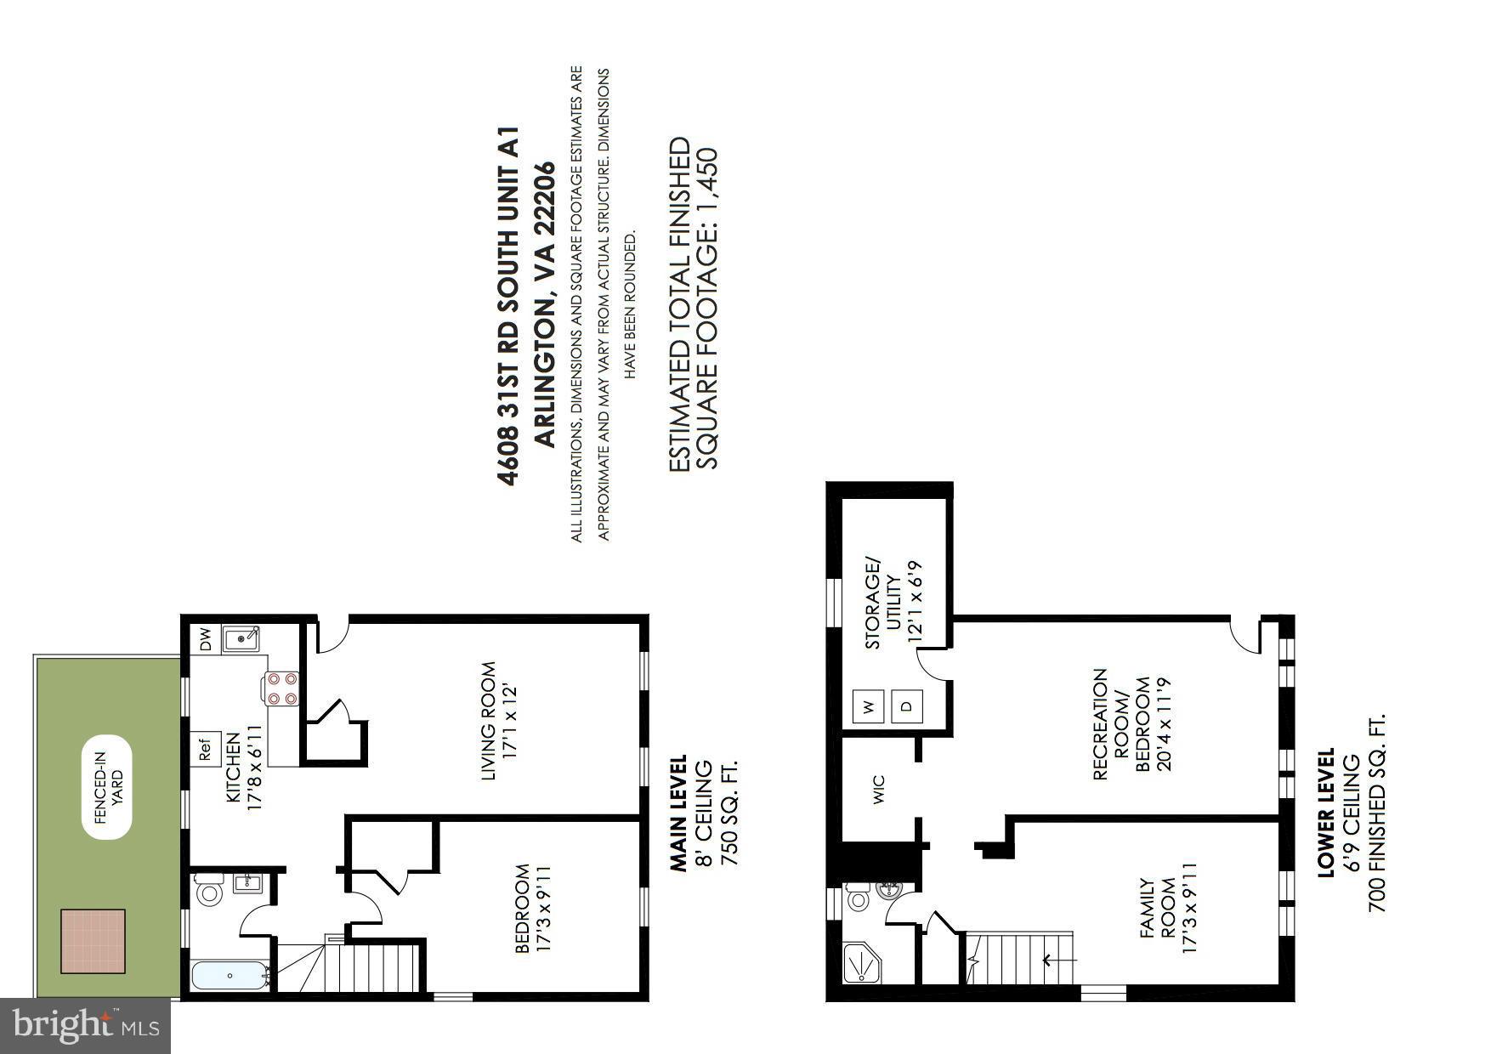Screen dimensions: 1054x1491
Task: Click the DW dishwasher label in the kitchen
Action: pyautogui.click(x=205, y=639)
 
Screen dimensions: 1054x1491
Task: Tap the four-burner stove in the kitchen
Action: pyautogui.click(x=282, y=688)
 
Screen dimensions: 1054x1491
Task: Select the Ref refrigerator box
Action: pyautogui.click(x=205, y=751)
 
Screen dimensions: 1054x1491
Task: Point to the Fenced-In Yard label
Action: pyautogui.click(x=108, y=787)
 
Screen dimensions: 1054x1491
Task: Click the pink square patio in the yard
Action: pyautogui.click(x=94, y=942)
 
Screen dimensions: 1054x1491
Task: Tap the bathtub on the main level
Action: pyautogui.click(x=230, y=975)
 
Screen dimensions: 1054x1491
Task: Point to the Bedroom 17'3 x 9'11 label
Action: pyautogui.click(x=534, y=908)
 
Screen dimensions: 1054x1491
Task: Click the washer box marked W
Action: pyautogui.click(x=868, y=706)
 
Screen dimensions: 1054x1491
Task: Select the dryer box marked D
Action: pyautogui.click(x=906, y=706)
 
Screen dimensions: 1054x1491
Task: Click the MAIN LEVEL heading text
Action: pyautogui.click(x=677, y=813)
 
